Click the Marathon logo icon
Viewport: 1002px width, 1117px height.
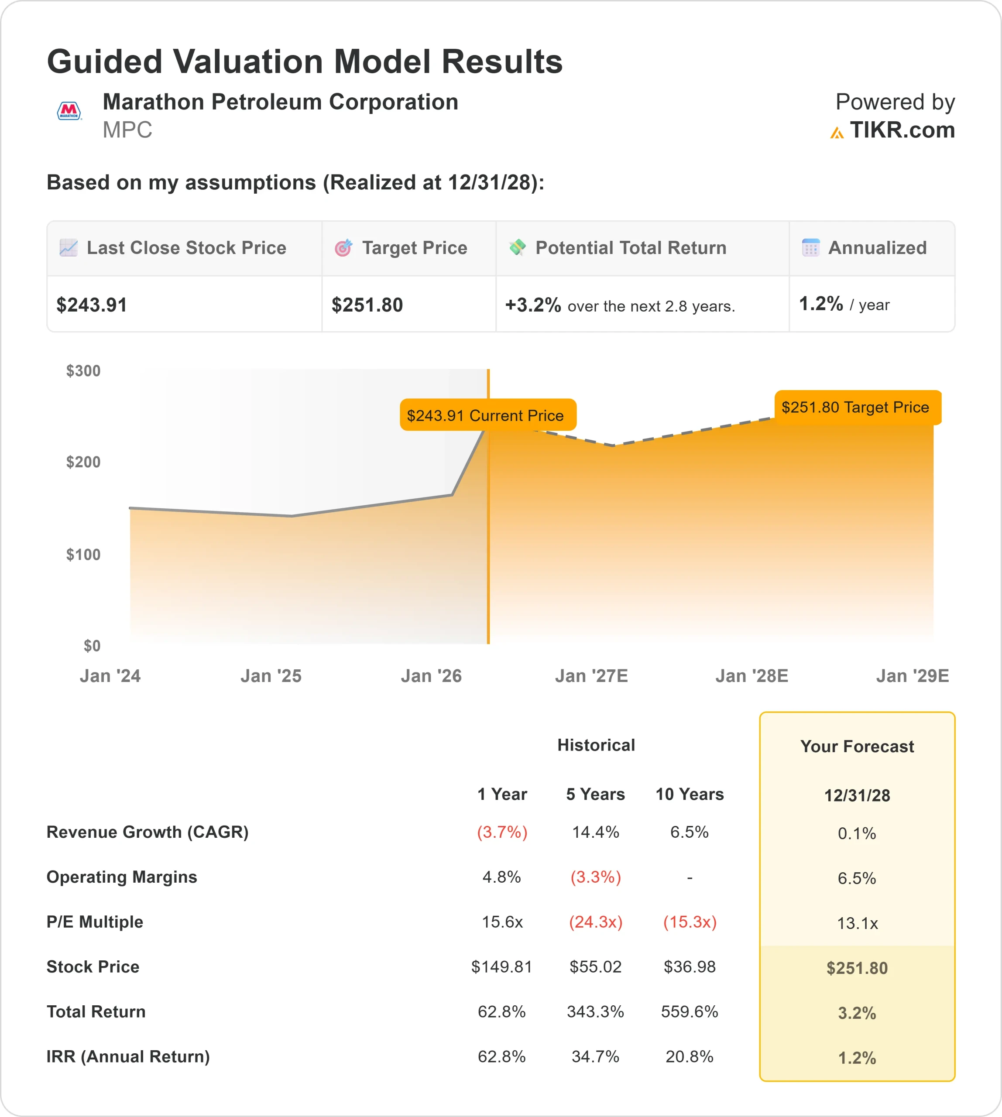click(69, 111)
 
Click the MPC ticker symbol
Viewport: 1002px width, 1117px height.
click(127, 130)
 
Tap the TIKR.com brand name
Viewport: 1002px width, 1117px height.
click(901, 130)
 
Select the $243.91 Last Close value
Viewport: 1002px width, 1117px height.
click(92, 305)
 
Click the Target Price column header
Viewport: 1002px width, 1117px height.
click(414, 248)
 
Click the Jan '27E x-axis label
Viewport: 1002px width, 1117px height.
click(591, 675)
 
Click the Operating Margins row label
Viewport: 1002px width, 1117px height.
click(122, 877)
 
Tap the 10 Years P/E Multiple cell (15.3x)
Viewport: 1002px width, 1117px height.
click(689, 922)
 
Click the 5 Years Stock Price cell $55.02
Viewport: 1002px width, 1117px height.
click(595, 967)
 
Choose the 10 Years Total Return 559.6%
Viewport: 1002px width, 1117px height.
click(689, 1011)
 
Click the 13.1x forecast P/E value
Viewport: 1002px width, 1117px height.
click(857, 923)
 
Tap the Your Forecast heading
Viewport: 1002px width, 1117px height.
click(857, 747)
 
